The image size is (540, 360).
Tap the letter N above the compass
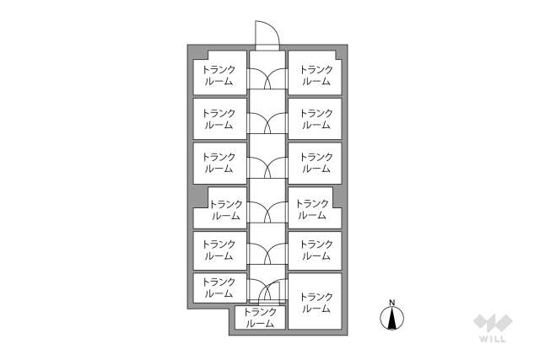(x=391, y=303)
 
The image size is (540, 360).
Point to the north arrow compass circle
(x=391, y=318)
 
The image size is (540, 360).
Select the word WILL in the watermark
(x=493, y=339)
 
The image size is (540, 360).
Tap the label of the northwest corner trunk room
(x=219, y=76)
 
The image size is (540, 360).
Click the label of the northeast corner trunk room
(x=316, y=76)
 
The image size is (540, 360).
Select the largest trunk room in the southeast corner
(x=315, y=301)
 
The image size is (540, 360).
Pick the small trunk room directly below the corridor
(x=261, y=317)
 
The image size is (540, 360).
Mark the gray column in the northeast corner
(x=339, y=54)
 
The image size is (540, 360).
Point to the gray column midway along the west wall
(x=200, y=197)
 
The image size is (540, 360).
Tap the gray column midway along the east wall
(x=337, y=197)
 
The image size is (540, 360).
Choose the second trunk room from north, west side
(x=219, y=119)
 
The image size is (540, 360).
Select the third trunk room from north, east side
(x=315, y=163)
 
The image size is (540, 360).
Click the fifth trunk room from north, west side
(x=219, y=250)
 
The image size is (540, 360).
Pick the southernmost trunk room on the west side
(x=219, y=288)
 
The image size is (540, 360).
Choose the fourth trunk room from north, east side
(x=314, y=208)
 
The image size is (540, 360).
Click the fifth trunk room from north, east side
(x=315, y=250)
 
